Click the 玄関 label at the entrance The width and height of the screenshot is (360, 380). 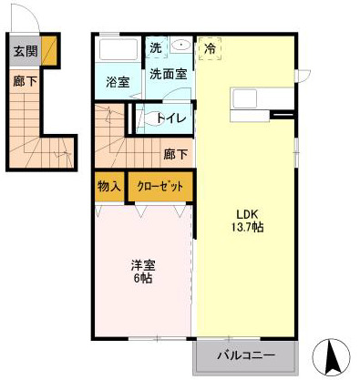coord(25,51)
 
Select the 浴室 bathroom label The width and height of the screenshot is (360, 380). coord(117,81)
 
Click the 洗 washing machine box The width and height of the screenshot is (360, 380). coord(155,47)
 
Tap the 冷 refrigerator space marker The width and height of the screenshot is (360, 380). coord(211,47)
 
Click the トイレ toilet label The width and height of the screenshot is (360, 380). coord(171,118)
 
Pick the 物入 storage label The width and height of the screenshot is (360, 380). coord(108,186)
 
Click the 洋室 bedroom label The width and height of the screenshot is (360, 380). coord(142,265)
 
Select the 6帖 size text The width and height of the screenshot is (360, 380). coord(142,279)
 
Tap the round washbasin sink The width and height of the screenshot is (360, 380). coord(180,45)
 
